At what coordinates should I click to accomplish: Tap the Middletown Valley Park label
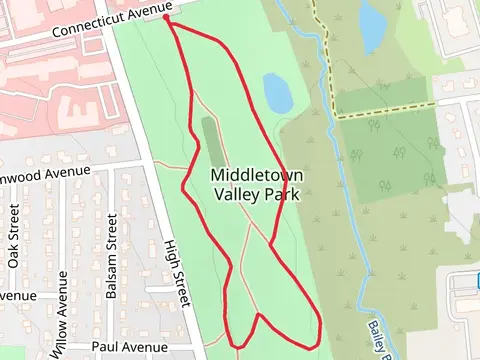tap(257, 185)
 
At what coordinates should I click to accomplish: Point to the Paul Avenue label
tap(129, 347)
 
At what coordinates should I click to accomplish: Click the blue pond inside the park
tap(277, 92)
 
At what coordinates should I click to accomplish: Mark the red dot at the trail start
tap(165, 18)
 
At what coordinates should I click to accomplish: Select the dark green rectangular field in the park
tap(210, 142)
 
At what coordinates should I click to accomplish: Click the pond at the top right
tap(372, 26)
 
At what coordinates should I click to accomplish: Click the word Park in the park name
tap(282, 195)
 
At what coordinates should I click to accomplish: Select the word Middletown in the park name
tap(257, 175)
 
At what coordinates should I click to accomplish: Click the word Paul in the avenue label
tap(105, 347)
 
